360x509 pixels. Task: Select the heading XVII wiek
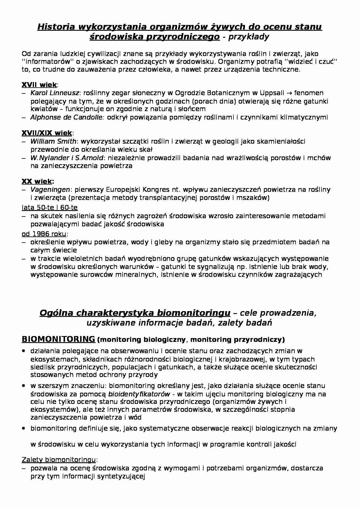coord(39,85)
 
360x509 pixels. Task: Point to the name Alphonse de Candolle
coord(67,117)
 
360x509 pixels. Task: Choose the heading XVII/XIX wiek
coord(47,133)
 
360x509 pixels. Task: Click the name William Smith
coord(53,141)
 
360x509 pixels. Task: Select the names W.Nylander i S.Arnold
coord(67,158)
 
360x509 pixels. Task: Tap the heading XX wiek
coord(37,181)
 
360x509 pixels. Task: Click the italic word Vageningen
coord(50,189)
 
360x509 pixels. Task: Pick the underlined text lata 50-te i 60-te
coord(50,207)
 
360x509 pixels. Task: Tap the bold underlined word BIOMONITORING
coord(58,339)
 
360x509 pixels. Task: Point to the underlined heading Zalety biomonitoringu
coord(59,460)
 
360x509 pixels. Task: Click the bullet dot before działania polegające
coord(24,351)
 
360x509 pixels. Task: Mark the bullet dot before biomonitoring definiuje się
coord(24,428)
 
